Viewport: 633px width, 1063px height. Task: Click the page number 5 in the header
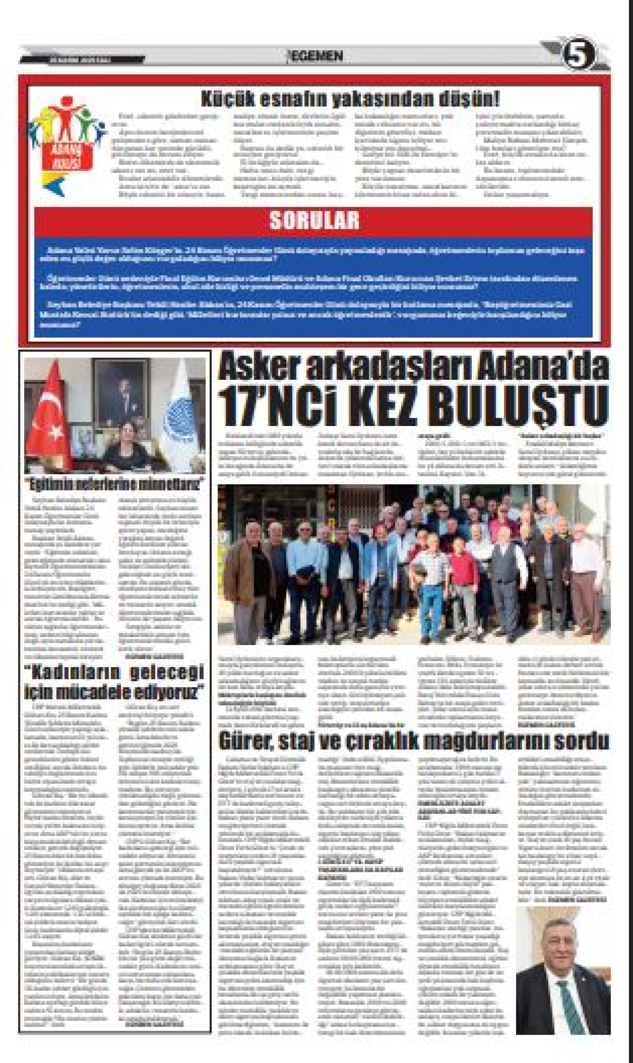(578, 55)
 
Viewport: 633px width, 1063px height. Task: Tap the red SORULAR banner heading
(314, 221)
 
